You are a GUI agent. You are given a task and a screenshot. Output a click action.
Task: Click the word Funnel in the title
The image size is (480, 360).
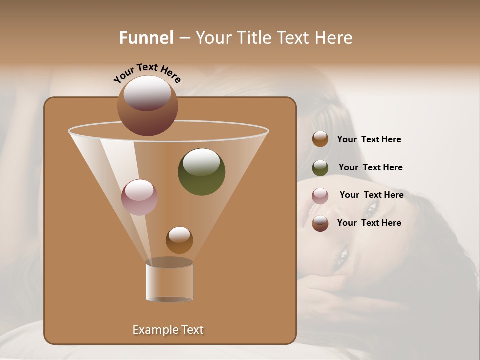click(x=146, y=38)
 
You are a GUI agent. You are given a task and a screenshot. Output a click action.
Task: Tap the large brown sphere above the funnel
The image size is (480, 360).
click(x=147, y=106)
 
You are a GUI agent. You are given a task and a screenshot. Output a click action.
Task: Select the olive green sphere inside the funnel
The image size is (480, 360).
click(x=201, y=172)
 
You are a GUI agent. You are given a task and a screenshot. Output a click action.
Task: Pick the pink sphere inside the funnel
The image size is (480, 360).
click(x=139, y=197)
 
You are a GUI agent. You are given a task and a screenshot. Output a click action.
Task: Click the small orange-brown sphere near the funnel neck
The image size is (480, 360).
click(x=179, y=240)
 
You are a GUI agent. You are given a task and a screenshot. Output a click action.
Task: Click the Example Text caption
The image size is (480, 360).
click(x=168, y=330)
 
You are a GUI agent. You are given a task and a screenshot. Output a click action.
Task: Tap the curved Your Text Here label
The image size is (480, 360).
click(x=147, y=73)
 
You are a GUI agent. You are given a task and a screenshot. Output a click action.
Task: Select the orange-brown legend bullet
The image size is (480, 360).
click(x=320, y=139)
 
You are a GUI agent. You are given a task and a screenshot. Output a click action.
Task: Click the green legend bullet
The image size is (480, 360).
click(x=320, y=168)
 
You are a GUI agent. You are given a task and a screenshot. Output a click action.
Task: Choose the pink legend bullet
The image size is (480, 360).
click(x=320, y=196)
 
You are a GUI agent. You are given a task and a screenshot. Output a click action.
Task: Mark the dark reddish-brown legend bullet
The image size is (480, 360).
click(x=320, y=223)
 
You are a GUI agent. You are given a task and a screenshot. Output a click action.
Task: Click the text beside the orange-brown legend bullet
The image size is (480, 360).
click(x=369, y=140)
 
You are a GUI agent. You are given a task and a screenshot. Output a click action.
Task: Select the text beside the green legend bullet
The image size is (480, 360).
click(x=370, y=168)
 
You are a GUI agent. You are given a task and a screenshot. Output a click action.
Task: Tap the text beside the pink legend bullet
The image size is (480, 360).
click(x=371, y=195)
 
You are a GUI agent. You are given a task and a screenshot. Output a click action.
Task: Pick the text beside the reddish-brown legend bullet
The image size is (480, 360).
click(x=369, y=223)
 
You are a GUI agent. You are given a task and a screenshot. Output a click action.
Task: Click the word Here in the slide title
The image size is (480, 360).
click(x=334, y=38)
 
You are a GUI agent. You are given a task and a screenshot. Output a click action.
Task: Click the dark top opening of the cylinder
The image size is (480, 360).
click(x=169, y=262)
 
